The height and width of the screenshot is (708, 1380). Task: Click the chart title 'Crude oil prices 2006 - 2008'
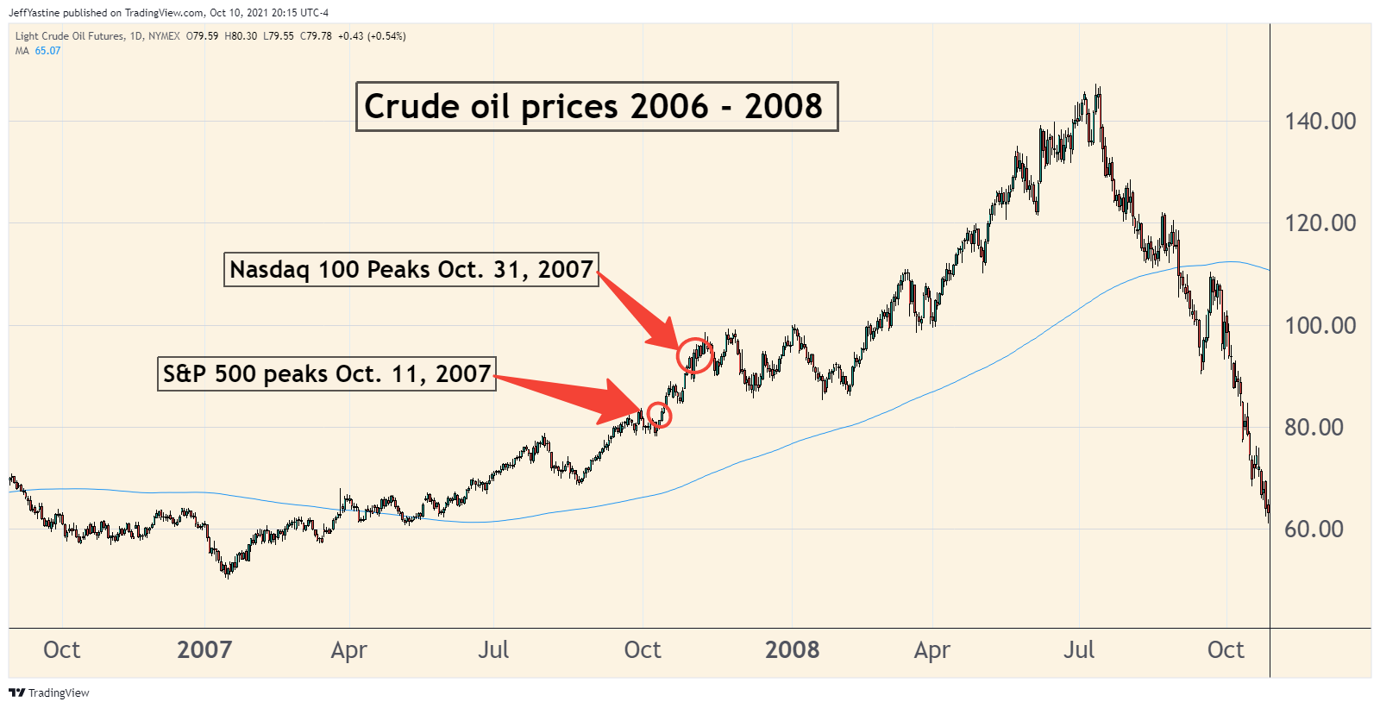tap(596, 107)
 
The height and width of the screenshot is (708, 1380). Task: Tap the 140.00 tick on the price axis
tap(1320, 121)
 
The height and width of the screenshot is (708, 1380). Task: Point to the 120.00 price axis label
tap(1320, 222)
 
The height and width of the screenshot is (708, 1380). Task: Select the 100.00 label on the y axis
tap(1320, 325)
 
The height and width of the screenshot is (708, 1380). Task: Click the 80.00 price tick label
tap(1314, 427)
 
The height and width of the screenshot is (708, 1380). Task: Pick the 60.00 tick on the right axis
tap(1314, 529)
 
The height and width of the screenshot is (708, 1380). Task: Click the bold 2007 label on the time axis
tap(204, 649)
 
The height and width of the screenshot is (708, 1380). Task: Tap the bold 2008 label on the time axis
tap(792, 649)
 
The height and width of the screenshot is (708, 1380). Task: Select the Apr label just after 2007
tap(348, 649)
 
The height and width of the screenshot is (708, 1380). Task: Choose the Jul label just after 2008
tap(1078, 649)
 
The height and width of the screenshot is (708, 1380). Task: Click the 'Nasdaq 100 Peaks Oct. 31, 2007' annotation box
tap(411, 270)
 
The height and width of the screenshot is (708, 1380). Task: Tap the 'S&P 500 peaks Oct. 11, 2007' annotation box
tap(326, 374)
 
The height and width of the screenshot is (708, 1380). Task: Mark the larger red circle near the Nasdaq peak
tap(695, 354)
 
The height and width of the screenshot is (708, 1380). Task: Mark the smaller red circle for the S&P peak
tap(660, 415)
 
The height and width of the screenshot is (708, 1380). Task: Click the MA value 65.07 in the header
tap(47, 51)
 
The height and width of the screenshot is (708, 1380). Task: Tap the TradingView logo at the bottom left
tap(49, 692)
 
